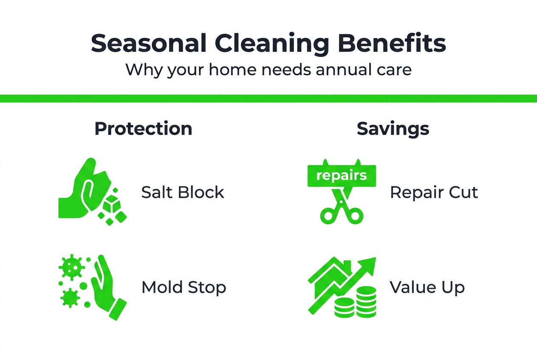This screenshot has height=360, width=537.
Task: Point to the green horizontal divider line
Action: point(268,98)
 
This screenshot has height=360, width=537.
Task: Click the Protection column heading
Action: point(143,129)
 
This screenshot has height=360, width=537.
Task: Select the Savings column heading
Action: point(393,129)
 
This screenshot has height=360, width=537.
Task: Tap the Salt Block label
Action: point(183,193)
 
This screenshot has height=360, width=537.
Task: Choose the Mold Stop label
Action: point(184,287)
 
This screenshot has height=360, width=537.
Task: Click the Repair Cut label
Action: point(434,193)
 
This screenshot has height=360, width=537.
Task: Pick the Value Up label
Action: point(427,287)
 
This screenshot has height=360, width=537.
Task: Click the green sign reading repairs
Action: point(342,175)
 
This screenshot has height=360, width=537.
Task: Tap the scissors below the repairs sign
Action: point(341,208)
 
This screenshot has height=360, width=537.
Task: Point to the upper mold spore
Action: point(70,267)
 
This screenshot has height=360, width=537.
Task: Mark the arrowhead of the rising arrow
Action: point(368,264)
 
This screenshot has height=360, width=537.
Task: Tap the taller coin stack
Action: point(367,301)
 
